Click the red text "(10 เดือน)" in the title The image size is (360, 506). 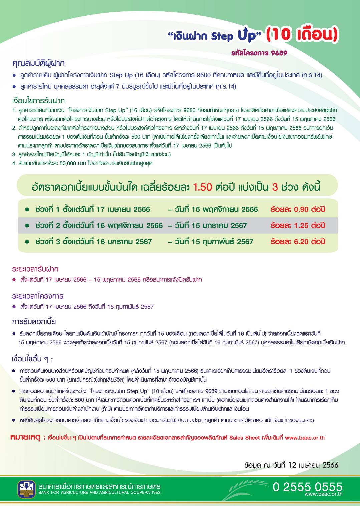302,34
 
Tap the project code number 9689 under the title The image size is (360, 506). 279,53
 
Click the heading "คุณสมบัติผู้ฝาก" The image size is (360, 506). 38,63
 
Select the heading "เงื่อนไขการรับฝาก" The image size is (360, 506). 38,101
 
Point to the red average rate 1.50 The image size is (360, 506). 202,187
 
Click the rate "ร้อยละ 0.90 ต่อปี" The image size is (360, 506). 298,209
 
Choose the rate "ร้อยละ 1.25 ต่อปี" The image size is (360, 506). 298,226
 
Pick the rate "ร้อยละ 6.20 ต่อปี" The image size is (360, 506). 298,242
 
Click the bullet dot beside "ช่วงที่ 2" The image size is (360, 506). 27,226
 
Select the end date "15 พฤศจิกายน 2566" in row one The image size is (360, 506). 225,209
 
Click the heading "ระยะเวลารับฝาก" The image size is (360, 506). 35,269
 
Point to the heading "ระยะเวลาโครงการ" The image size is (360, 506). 38,296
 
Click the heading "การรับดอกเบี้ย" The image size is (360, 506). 34,322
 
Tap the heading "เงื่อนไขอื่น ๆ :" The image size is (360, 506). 32,359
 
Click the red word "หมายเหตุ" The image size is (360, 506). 25,437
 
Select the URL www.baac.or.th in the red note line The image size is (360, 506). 305,438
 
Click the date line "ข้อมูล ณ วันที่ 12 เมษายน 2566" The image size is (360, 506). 291,465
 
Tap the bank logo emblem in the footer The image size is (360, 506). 26,489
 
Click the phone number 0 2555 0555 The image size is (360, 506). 307,487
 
